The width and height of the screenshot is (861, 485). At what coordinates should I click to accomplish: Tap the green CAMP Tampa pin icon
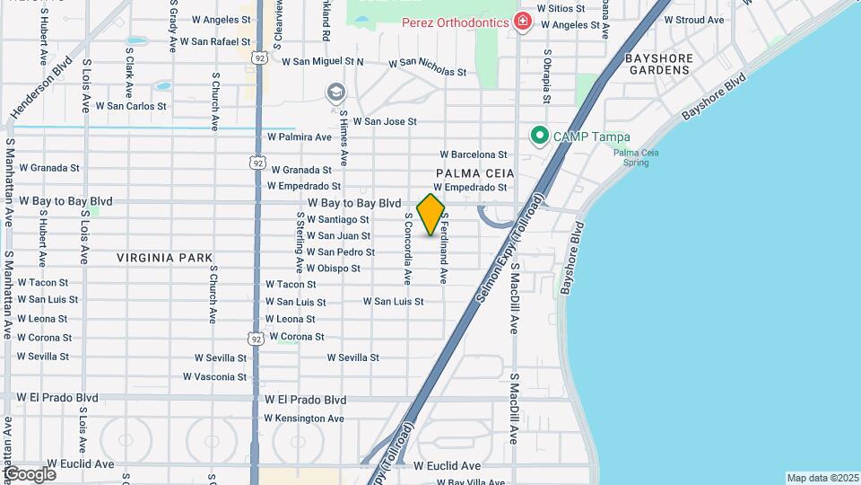[x=539, y=137]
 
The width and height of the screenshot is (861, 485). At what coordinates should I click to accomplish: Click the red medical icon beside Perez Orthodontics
[x=522, y=22]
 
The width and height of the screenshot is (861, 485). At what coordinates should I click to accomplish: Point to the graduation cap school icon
[x=335, y=92]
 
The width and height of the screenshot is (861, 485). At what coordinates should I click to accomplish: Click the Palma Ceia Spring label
[x=636, y=158]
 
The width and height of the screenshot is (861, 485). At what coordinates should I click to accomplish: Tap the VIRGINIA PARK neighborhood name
[x=165, y=258]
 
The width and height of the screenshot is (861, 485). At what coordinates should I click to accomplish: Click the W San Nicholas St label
[x=428, y=67]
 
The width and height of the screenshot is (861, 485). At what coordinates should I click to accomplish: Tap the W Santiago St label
[x=337, y=219]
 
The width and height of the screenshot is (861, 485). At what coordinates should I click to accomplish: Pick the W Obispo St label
[x=333, y=268]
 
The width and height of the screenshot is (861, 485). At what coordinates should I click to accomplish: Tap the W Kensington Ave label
[x=304, y=419]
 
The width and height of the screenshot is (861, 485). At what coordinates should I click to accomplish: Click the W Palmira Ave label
[x=300, y=137]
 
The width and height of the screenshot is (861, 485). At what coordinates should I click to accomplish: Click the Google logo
[x=30, y=473]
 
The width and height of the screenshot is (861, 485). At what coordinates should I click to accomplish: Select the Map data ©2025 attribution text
[x=821, y=478]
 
